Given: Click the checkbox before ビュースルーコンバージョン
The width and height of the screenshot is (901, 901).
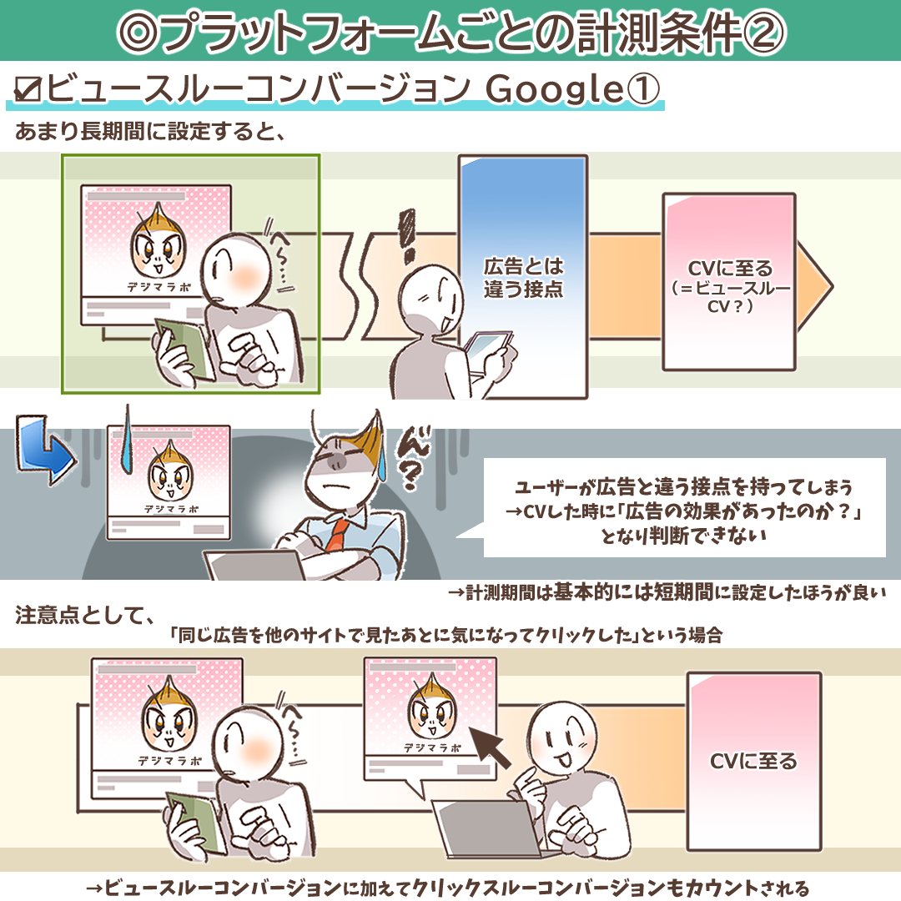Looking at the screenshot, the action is tap(28, 89).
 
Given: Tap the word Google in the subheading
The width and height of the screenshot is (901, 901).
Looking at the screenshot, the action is tap(555, 89).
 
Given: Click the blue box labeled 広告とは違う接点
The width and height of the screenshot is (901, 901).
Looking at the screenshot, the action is tap(523, 277).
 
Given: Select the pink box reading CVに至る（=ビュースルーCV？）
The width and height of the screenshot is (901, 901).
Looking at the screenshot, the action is tap(729, 282).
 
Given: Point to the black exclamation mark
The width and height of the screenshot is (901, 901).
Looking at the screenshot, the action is tap(407, 235).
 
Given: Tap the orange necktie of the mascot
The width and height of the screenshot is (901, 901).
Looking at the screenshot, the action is tap(337, 534).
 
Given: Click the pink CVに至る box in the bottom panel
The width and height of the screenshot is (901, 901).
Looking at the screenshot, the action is tap(754, 762).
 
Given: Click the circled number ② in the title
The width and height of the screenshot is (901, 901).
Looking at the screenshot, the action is tap(763, 33).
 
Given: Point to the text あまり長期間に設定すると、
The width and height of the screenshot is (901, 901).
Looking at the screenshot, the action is tap(150, 132).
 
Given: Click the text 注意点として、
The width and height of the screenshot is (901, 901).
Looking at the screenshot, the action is tap(84, 616).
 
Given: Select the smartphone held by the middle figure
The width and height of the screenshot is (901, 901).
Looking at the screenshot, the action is tap(488, 351).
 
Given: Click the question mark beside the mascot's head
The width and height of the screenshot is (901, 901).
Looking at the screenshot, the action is tap(409, 476).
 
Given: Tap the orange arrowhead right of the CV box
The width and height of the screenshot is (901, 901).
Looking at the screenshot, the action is tap(815, 285).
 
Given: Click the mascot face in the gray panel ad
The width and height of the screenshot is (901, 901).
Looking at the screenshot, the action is tap(170, 471).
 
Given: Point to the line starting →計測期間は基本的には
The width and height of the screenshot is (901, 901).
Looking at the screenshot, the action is tap(667, 592).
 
